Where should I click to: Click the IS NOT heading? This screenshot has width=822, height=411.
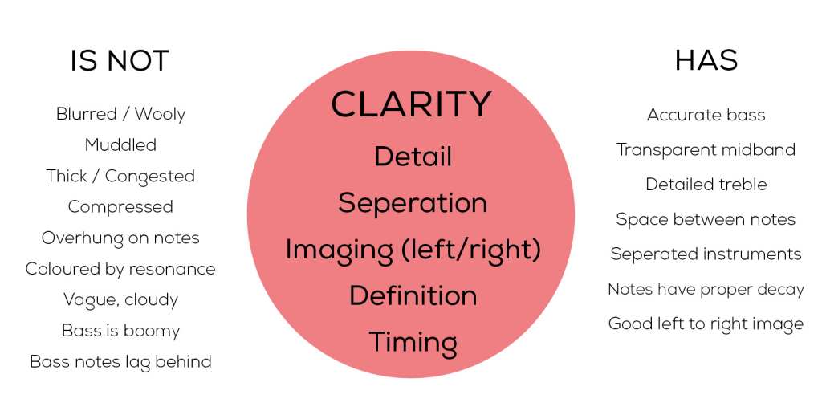pos(120,61)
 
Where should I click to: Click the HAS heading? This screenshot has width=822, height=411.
pos(706,61)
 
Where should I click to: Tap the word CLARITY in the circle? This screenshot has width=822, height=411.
pos(412,104)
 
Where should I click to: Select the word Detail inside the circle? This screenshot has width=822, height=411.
pos(413,157)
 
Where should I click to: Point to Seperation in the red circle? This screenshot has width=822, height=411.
pos(413,203)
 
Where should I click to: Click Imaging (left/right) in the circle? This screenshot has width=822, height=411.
pos(413,250)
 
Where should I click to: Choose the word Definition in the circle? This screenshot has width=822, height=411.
pos(413,295)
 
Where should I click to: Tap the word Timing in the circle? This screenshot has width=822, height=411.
pos(413,342)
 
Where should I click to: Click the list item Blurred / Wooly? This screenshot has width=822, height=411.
pos(120,114)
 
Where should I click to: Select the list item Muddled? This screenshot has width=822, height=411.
pos(120,144)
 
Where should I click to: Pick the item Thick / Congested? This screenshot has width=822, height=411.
pos(120,176)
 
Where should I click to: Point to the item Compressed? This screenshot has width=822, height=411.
pos(120,207)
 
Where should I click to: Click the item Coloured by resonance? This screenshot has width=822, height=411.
pos(120,269)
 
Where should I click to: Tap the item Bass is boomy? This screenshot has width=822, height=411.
pos(120,331)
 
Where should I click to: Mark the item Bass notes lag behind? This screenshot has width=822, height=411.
pos(120,362)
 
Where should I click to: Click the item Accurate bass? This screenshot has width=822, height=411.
pos(706,115)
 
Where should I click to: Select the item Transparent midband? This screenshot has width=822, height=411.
pos(706,150)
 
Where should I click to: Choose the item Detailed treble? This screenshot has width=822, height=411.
pos(706,185)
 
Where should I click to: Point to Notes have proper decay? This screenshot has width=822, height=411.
pos(706,289)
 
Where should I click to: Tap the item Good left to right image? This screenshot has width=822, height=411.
pos(706,324)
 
